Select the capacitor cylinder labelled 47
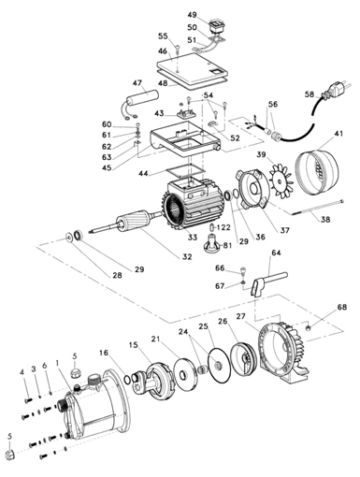pyautogui.click(x=142, y=97)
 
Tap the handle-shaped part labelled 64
pyautogui.click(x=267, y=282)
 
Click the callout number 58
pyautogui.click(x=310, y=94)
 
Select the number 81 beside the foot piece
pyautogui.click(x=227, y=245)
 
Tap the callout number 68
pyautogui.click(x=341, y=307)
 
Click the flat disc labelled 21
pyautogui.click(x=186, y=374)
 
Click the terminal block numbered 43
pyautogui.click(x=186, y=113)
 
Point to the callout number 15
pyautogui.click(x=133, y=345)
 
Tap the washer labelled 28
pyautogui.click(x=68, y=238)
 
